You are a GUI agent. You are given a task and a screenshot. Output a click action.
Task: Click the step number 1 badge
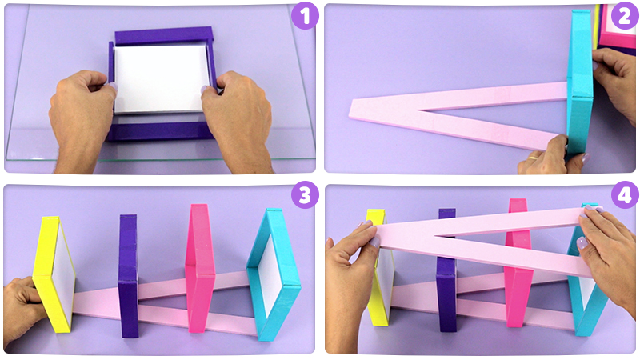pos(305,16)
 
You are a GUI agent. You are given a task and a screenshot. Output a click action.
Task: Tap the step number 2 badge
pos(625,16)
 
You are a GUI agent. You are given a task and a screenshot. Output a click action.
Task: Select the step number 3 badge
pos(305,195)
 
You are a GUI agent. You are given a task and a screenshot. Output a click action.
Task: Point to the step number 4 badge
pos(625,195)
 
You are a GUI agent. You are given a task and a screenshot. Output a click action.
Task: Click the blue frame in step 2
pos(579,82)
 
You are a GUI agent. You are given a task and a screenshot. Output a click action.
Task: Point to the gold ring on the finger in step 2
pos(531,157)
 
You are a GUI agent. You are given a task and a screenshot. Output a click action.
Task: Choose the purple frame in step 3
pos(129,275)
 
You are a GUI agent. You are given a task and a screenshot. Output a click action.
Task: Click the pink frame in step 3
pos(200,267)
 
